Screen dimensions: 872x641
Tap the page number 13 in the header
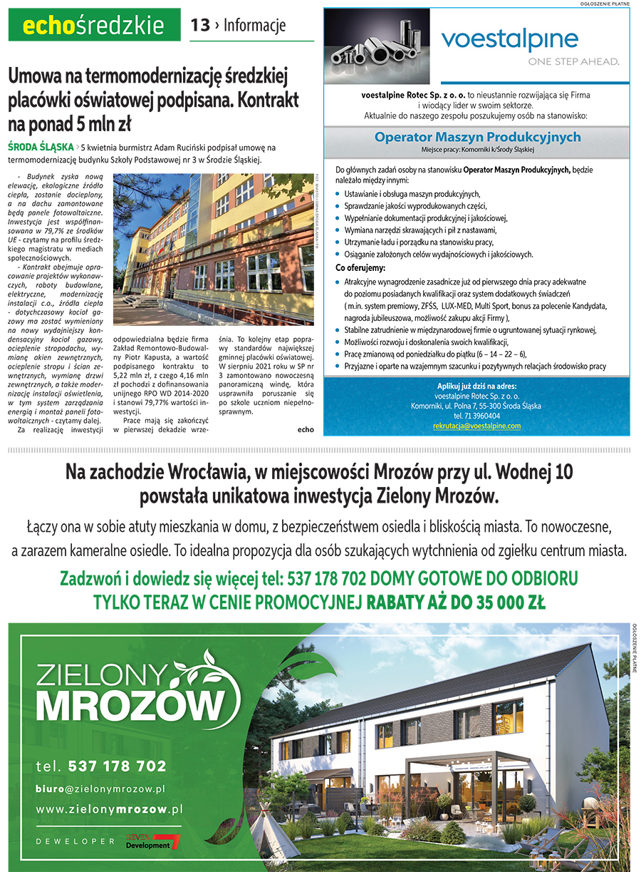[200, 26]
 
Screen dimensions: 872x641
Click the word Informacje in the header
[254, 26]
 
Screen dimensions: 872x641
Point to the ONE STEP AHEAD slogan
[573, 61]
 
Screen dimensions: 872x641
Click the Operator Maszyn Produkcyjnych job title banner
[477, 137]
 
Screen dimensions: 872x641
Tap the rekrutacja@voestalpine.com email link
[476, 426]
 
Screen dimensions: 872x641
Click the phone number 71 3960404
[476, 416]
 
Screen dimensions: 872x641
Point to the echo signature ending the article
[306, 429]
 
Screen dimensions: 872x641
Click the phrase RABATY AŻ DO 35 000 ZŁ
[456, 602]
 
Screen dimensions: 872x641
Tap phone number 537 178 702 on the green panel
[118, 766]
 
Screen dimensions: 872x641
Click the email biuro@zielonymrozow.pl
[100, 789]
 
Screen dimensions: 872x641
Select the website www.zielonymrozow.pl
[109, 809]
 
